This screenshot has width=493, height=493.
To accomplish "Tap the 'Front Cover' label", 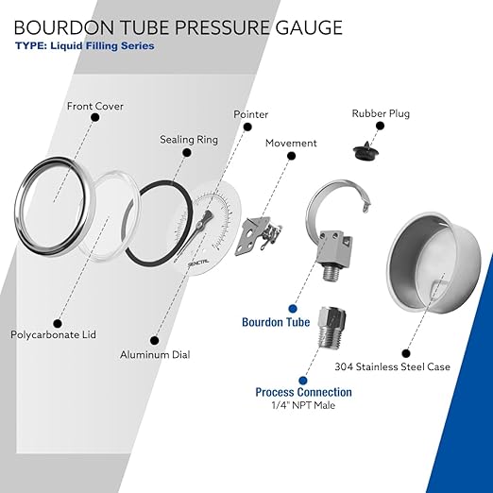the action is [95, 106].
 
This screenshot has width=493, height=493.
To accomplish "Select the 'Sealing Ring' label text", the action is [189, 140].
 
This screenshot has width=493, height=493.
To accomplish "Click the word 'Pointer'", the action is [250, 114].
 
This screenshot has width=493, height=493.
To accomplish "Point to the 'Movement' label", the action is [291, 143].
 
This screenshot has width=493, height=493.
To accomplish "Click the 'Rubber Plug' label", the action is [381, 113].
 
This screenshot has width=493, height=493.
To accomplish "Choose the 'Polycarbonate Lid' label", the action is [53, 334].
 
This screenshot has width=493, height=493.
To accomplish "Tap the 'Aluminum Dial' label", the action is [155, 355].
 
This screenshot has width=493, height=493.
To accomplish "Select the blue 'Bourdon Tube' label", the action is [276, 322].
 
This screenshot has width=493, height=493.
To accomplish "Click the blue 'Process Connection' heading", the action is [303, 392].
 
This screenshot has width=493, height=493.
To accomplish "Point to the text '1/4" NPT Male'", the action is [303, 405].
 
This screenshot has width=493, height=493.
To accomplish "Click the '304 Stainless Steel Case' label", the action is [392, 366].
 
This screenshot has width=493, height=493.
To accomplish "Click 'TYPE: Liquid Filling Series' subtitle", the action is [85, 46].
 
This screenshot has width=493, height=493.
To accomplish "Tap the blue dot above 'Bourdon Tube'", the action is [293, 309].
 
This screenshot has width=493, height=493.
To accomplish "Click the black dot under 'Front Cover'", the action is [95, 117].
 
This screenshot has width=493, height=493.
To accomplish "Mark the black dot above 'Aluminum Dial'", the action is [154, 340].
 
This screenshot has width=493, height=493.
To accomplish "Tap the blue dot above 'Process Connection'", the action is [303, 381].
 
